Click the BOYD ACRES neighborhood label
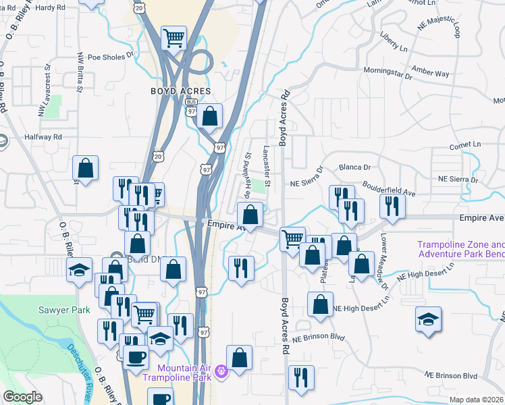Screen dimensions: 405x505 coord(180,91)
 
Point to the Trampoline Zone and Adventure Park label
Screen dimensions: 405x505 coord(460,250)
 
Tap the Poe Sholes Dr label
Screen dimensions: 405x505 coord(106,57)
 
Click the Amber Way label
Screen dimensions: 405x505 coord(431,73)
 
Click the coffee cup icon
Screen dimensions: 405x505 coord(136,358)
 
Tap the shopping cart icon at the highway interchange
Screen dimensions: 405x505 coord(174,37)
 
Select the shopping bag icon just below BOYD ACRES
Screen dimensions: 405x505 coord(210,116)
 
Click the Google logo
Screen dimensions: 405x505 coord(23,397)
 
